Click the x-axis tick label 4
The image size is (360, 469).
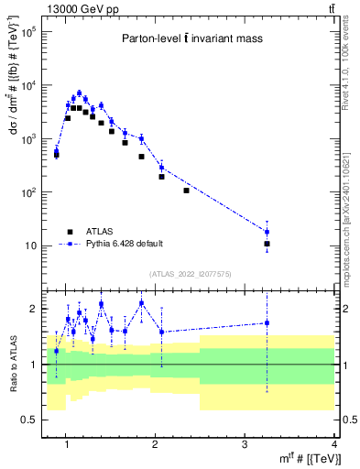(x=334, y=444)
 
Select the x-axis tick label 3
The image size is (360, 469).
(x=245, y=444)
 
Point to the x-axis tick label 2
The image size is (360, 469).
(x=156, y=444)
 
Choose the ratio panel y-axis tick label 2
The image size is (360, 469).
(x=32, y=309)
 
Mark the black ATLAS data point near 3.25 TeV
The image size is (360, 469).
(x=267, y=245)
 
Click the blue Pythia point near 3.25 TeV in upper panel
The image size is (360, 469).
(x=267, y=232)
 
